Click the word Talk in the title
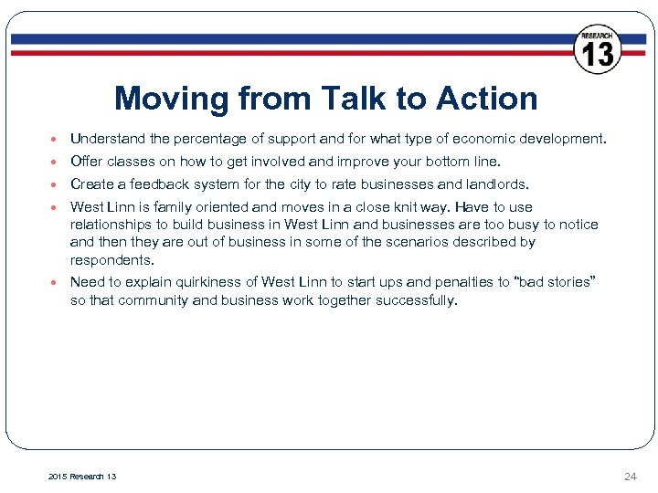point(345,99)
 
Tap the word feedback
point(162,184)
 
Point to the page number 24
point(630,477)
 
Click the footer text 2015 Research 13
point(82,477)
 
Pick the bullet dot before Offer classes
point(56,163)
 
